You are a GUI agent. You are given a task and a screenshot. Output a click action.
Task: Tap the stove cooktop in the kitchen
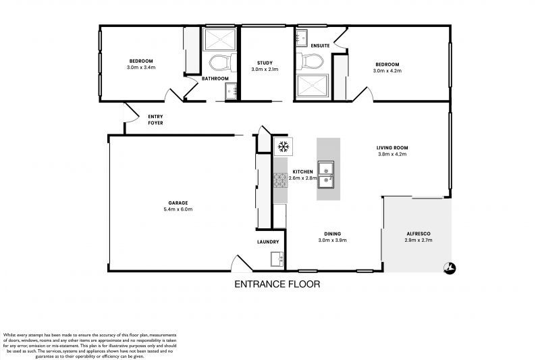(x=280, y=180)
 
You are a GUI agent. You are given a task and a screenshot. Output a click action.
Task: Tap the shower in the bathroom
(x=219, y=38)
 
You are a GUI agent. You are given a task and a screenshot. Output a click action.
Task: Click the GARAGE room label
(x=178, y=203)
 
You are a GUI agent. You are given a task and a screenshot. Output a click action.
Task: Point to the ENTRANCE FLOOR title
(x=277, y=284)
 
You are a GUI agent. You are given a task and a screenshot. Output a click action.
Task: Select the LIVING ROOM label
(x=392, y=147)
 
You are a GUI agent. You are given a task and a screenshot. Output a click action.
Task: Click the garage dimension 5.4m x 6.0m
(x=178, y=209)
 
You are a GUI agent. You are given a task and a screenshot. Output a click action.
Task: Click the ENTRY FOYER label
(x=155, y=120)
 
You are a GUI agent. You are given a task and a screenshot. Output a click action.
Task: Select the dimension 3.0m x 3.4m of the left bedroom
(x=141, y=68)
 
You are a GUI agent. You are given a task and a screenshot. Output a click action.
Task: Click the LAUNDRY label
(x=268, y=242)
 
